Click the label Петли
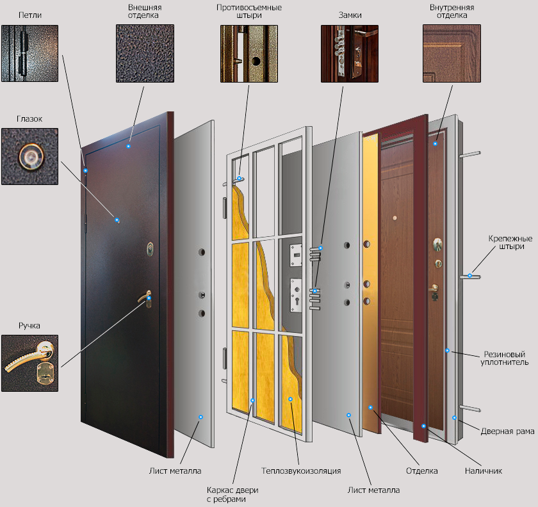click(x=30, y=15)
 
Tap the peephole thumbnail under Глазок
click(x=30, y=156)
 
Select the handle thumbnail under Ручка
click(x=30, y=363)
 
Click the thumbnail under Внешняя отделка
click(x=145, y=53)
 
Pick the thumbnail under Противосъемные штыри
click(x=249, y=54)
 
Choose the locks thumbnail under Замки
click(x=350, y=54)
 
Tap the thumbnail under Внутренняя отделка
click(x=452, y=53)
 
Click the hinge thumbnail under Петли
click(x=30, y=53)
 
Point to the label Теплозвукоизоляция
click(x=301, y=471)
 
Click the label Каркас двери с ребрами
click(x=232, y=494)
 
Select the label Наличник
click(x=484, y=471)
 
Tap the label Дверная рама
click(x=507, y=431)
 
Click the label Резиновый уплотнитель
click(x=505, y=358)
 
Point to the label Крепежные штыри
click(x=510, y=242)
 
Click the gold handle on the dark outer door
click(x=146, y=298)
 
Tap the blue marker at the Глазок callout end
click(x=117, y=220)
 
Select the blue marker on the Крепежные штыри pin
click(x=469, y=275)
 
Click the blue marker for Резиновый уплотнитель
click(x=447, y=351)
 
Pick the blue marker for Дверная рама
click(x=454, y=418)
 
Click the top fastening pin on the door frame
click(x=469, y=154)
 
